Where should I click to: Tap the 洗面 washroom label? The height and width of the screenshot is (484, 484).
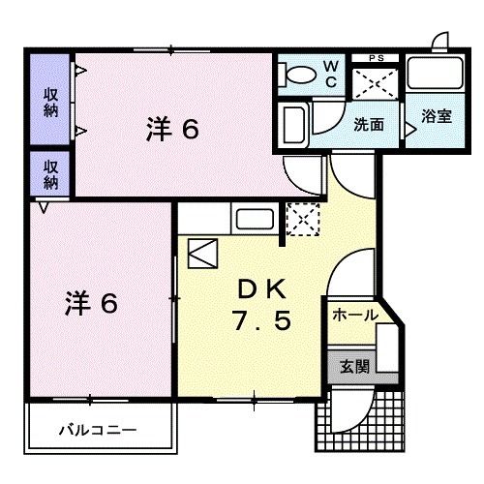pos(368,125)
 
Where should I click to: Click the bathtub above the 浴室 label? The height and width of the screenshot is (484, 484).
pos(432,74)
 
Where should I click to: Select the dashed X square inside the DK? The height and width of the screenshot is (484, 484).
pos(303,220)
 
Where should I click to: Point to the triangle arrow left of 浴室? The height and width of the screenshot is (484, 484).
pos(409,125)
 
